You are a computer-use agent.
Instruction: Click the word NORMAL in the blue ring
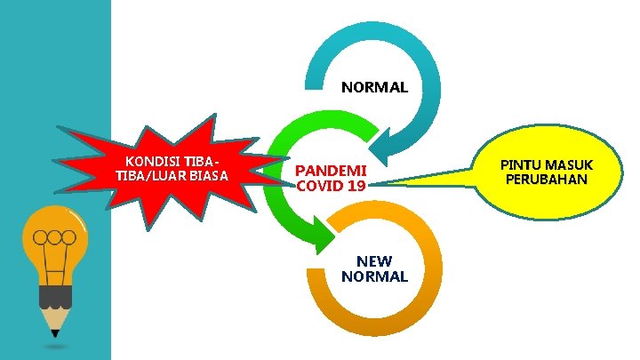click(374, 88)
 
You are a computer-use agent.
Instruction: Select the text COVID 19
click(331, 187)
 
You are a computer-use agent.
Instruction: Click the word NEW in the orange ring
click(374, 260)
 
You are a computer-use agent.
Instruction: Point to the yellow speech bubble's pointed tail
click(391, 184)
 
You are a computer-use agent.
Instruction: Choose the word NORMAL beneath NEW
click(374, 276)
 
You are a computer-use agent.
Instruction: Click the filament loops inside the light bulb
click(55, 237)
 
